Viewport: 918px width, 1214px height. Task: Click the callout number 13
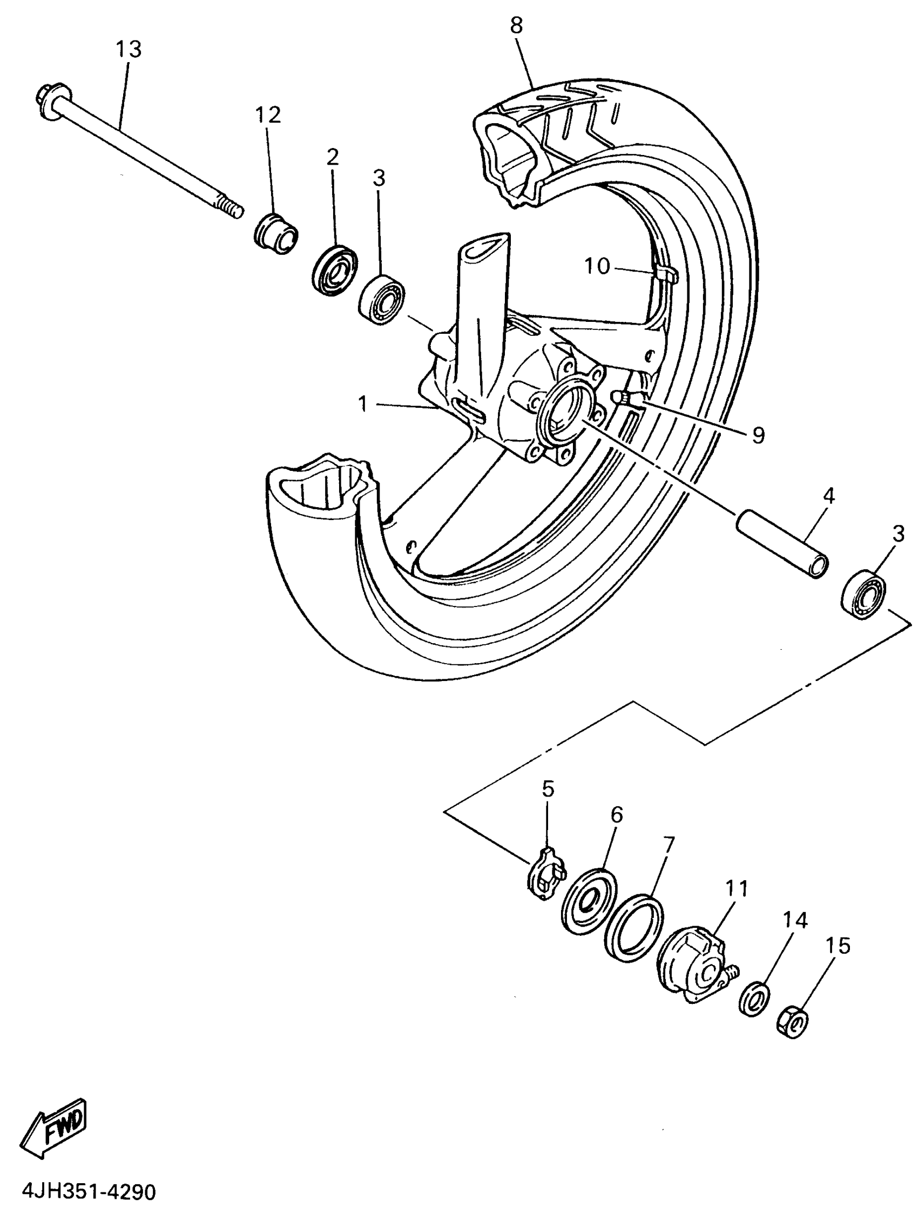[129, 50]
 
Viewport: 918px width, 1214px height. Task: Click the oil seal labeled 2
[334, 270]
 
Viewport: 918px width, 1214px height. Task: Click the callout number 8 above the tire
[516, 25]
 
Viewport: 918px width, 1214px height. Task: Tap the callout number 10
[597, 267]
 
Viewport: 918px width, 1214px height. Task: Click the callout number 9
[758, 435]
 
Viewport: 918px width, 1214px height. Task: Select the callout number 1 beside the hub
[362, 404]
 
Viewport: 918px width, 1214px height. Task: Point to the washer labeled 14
[754, 1000]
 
